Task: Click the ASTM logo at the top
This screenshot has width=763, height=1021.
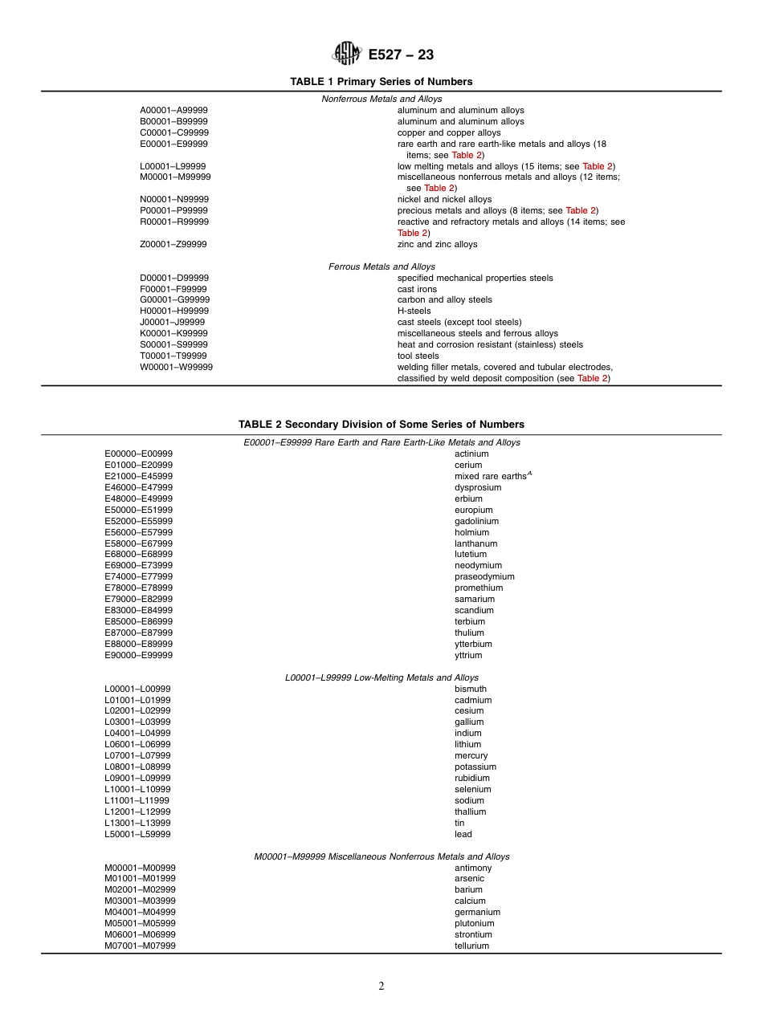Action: (x=347, y=54)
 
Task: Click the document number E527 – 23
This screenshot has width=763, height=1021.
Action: (x=401, y=55)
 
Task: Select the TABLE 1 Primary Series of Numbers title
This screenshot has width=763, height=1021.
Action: (x=381, y=82)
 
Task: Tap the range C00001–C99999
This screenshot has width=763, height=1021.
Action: (x=174, y=133)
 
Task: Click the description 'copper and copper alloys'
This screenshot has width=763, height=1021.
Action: (x=449, y=133)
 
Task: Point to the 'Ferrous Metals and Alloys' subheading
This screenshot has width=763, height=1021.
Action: (x=381, y=266)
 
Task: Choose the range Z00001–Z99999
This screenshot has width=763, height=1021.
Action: (x=173, y=245)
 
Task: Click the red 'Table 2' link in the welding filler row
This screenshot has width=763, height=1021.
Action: (x=593, y=379)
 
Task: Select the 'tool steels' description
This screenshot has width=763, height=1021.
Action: (x=418, y=356)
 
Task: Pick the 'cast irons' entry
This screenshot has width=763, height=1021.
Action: (x=417, y=289)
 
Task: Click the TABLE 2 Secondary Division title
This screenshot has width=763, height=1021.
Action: (x=381, y=425)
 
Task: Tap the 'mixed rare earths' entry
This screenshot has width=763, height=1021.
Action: (x=490, y=477)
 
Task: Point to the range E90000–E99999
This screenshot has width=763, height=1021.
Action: (x=138, y=656)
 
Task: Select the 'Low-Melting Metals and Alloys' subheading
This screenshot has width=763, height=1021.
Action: (x=381, y=678)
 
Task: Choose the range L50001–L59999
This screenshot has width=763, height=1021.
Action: (x=137, y=835)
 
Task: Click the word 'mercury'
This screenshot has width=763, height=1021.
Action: (x=471, y=756)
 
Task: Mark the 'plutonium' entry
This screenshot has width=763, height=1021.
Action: (x=475, y=924)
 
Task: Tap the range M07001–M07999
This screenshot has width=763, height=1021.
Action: (x=140, y=946)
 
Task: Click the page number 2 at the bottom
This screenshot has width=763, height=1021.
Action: (x=381, y=986)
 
